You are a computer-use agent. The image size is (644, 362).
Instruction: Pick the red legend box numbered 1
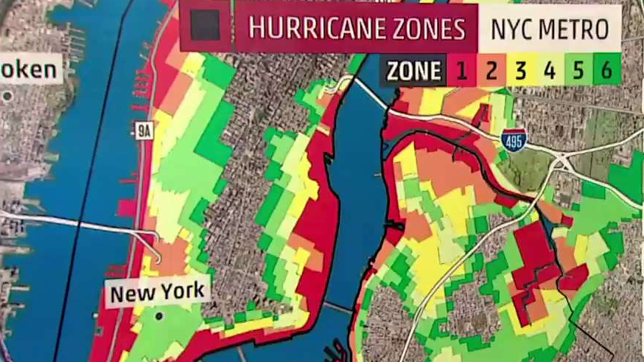click(x=461, y=72)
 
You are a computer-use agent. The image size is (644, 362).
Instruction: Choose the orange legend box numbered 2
click(x=491, y=72)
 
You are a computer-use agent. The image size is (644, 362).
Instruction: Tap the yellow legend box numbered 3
click(x=520, y=72)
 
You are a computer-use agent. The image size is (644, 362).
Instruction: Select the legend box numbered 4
click(x=549, y=72)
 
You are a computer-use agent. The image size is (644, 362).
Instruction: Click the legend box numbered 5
click(x=578, y=72)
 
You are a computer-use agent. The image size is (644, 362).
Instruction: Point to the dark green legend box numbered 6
click(x=606, y=72)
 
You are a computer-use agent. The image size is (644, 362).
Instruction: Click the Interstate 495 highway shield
click(x=515, y=139)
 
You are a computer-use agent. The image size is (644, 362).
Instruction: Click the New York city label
click(x=158, y=293)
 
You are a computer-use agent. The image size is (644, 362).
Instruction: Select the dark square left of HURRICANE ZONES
click(x=205, y=26)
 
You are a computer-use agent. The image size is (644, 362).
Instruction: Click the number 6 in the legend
click(x=606, y=72)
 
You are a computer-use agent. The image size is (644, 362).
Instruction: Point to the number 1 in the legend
click(x=461, y=72)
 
